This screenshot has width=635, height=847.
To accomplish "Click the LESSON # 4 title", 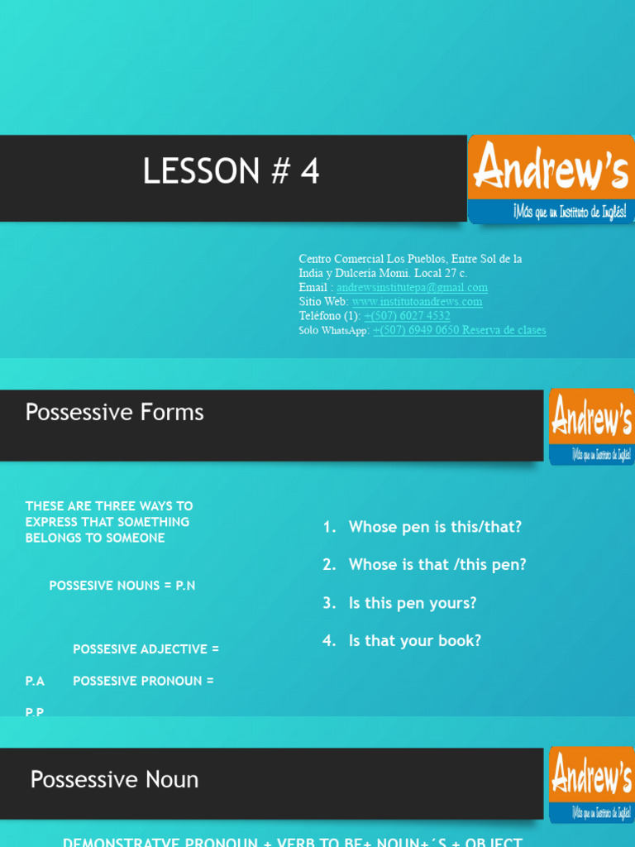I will (231, 172).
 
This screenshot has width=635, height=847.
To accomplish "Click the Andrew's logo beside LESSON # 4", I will (551, 179).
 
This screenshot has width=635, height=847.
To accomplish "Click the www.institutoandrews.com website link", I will (417, 302).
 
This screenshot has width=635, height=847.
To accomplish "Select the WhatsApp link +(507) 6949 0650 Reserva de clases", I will (459, 331).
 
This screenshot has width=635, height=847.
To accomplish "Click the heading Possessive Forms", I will (115, 412).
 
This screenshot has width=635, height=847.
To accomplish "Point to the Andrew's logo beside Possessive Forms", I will (590, 426).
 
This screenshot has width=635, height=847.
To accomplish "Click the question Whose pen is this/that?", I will (435, 527).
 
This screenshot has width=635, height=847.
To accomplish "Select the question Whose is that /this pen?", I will (437, 565).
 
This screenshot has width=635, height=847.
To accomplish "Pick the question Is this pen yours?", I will (413, 603).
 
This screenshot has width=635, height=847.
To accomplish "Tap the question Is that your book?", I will (414, 641).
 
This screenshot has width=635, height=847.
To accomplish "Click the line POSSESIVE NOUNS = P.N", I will (122, 586).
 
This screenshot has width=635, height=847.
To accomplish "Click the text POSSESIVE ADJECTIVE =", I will (146, 649).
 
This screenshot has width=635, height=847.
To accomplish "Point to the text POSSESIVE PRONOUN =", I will (143, 681).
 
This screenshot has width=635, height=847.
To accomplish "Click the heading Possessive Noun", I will (114, 779).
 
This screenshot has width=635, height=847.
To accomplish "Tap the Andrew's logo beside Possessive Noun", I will (590, 783).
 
